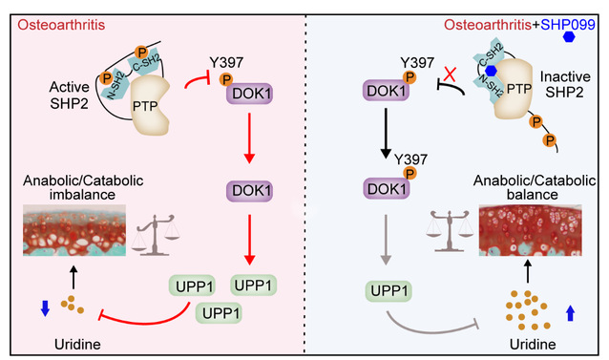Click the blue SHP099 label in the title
[568, 25]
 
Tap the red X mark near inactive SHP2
[450, 74]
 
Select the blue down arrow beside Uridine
[46, 308]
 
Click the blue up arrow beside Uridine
[570, 313]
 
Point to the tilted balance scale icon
[156, 235]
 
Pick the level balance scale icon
[450, 231]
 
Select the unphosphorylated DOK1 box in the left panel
[249, 191]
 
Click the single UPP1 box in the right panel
[388, 291]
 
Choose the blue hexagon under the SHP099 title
[569, 37]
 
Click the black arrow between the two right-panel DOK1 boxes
[386, 133]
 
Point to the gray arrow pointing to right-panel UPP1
[386, 240]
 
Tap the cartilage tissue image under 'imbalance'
[74, 230]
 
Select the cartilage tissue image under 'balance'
[531, 230]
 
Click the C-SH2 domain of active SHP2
[146, 62]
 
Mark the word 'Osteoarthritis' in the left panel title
[61, 25]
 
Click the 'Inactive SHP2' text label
[565, 84]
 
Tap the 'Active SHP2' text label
[69, 95]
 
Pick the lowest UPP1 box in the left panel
[219, 313]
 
